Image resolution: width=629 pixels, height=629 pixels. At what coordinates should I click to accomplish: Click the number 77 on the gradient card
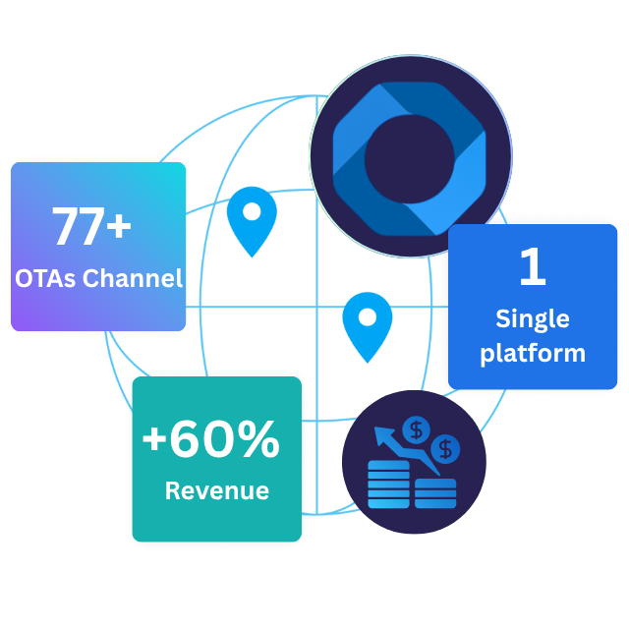76,227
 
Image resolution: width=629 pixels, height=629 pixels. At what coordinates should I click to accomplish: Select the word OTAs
45,278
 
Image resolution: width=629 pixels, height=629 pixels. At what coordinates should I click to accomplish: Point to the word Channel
133,278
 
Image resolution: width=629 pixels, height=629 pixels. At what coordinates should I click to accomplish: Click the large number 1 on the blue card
532,268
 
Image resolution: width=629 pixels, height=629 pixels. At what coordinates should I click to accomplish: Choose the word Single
532,319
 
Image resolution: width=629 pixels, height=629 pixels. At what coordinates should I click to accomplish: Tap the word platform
532,353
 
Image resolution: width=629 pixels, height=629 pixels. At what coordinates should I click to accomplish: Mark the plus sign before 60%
154,441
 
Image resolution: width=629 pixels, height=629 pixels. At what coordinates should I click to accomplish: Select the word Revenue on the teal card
216,490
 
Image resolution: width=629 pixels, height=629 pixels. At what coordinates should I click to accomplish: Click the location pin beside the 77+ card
252,220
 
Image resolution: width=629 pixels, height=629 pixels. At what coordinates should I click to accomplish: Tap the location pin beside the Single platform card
367,325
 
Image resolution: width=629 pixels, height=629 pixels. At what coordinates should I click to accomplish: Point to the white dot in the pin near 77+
252,210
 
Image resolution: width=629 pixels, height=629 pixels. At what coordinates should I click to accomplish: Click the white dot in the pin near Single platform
367,316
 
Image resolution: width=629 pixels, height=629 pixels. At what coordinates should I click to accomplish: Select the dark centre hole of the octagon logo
409,157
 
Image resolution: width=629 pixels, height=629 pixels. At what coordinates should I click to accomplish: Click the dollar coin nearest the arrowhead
418,429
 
